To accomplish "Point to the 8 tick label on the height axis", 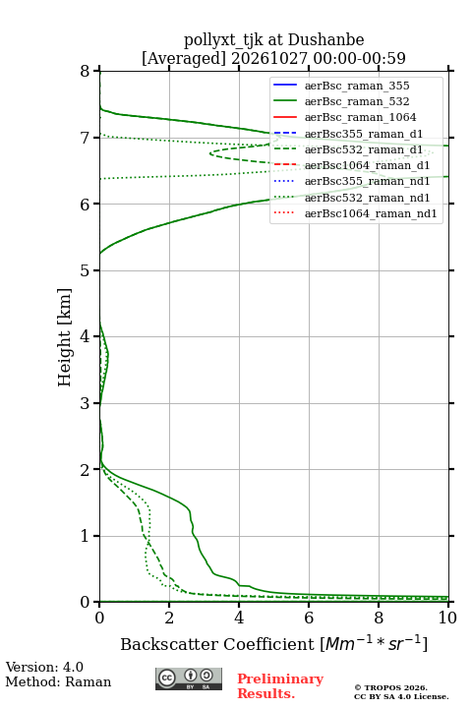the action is (86, 71).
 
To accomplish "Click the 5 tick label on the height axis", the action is (86, 270).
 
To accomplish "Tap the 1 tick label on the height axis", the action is (86, 536).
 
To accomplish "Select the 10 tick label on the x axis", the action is (448, 618).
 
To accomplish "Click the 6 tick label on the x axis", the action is (309, 618).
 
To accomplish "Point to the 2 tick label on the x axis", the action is (169, 618).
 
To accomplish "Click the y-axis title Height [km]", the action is (65, 337).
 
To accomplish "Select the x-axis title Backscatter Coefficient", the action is (217, 644).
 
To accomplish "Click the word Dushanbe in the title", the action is (326, 40).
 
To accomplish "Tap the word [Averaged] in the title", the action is (184, 58).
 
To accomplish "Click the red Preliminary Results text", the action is (280, 686).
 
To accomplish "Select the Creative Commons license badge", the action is (189, 679).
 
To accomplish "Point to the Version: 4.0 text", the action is (44, 667).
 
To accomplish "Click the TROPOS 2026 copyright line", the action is (390, 687).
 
